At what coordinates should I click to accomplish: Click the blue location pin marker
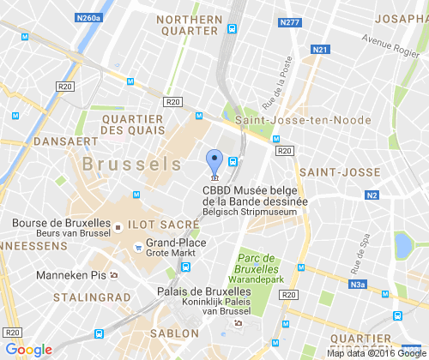[214, 160]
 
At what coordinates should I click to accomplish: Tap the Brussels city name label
[131, 163]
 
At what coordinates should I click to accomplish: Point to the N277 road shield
[291, 22]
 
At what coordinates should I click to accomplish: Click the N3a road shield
[358, 285]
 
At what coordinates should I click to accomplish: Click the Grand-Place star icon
[136, 249]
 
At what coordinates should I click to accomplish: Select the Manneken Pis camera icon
[113, 275]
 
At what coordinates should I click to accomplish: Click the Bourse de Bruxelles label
[61, 223]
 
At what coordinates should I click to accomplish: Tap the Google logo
[28, 349]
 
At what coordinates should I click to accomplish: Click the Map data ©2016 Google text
[375, 352]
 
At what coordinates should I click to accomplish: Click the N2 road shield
[372, 195]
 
